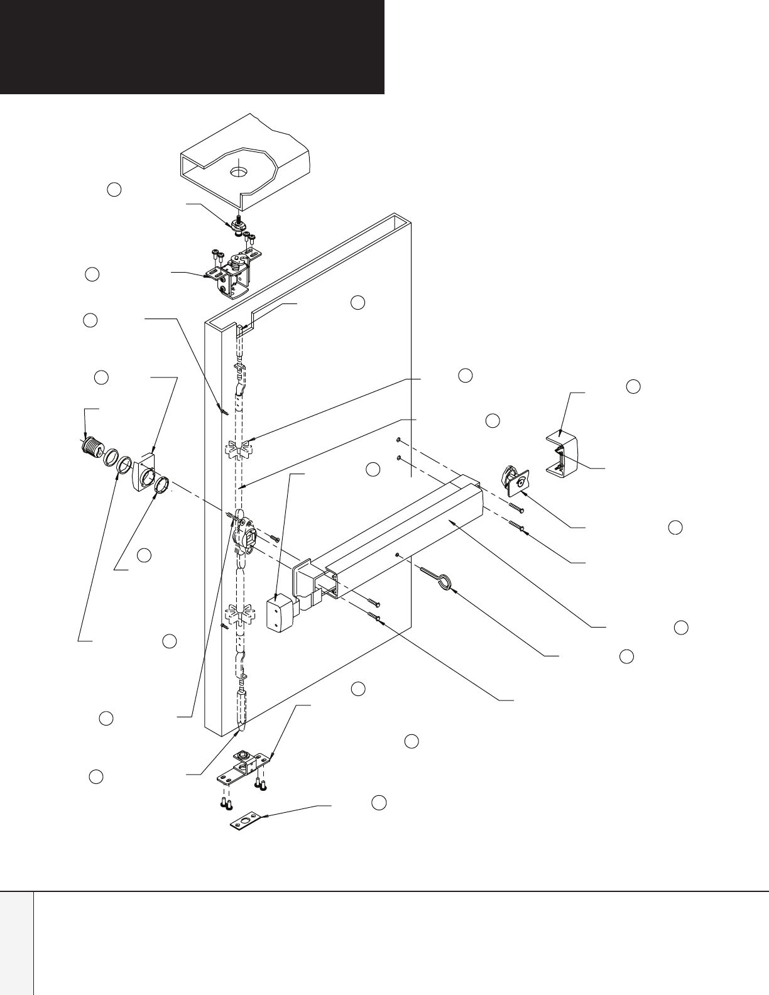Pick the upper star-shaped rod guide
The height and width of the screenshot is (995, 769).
(238, 449)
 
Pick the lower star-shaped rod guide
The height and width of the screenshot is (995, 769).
(238, 614)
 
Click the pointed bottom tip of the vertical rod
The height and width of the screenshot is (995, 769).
(239, 731)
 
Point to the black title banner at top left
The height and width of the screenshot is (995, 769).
(192, 47)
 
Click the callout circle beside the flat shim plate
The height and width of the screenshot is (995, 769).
(379, 803)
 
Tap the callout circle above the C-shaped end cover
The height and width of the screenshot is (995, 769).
(633, 387)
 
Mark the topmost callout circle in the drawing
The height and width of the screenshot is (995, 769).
(114, 189)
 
